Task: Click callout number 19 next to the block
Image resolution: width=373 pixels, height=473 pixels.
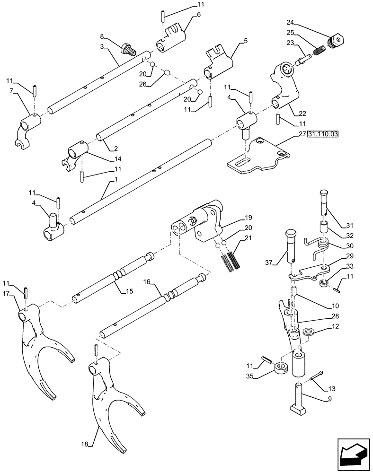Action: [x=249, y=219]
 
